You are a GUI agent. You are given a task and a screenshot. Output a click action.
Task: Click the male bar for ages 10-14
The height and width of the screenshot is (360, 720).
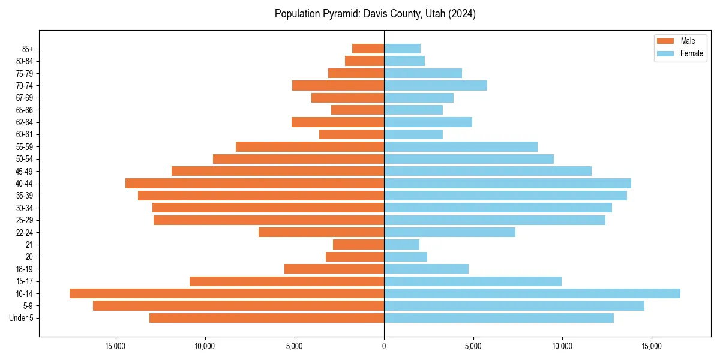[x=227, y=293]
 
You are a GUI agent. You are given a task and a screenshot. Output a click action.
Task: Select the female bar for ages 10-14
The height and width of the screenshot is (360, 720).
[x=532, y=293]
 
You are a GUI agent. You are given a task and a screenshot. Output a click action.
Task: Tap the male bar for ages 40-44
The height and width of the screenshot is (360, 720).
[x=254, y=183]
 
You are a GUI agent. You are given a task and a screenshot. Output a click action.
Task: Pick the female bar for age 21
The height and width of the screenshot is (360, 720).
[x=401, y=244]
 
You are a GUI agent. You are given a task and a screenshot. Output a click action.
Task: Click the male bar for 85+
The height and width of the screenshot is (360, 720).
[x=368, y=49]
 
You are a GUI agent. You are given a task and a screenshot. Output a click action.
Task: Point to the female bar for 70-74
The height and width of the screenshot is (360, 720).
[x=436, y=85]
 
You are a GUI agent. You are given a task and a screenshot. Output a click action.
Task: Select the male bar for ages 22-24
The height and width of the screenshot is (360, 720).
[x=321, y=232]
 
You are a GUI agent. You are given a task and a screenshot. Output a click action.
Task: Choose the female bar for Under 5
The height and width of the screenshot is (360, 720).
[x=499, y=318]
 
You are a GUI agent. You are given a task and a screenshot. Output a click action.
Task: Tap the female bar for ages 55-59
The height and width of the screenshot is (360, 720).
[x=461, y=146]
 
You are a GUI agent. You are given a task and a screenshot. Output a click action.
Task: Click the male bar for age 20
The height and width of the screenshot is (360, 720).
[x=355, y=257]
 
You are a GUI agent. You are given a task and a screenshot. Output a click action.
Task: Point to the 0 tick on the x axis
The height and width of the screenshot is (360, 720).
[x=384, y=346]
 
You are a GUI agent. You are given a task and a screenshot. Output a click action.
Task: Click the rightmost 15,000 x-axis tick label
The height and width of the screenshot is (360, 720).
[x=652, y=346]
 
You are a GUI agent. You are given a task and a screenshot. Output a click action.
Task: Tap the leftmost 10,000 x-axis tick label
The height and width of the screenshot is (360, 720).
[x=205, y=346]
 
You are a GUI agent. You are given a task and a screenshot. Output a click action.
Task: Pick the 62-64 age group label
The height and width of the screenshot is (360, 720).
[x=25, y=122]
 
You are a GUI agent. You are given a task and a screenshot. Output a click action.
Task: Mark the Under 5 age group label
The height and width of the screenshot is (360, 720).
[x=22, y=318]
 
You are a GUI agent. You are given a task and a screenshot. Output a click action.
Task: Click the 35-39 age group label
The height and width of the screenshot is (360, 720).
[x=25, y=196]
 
